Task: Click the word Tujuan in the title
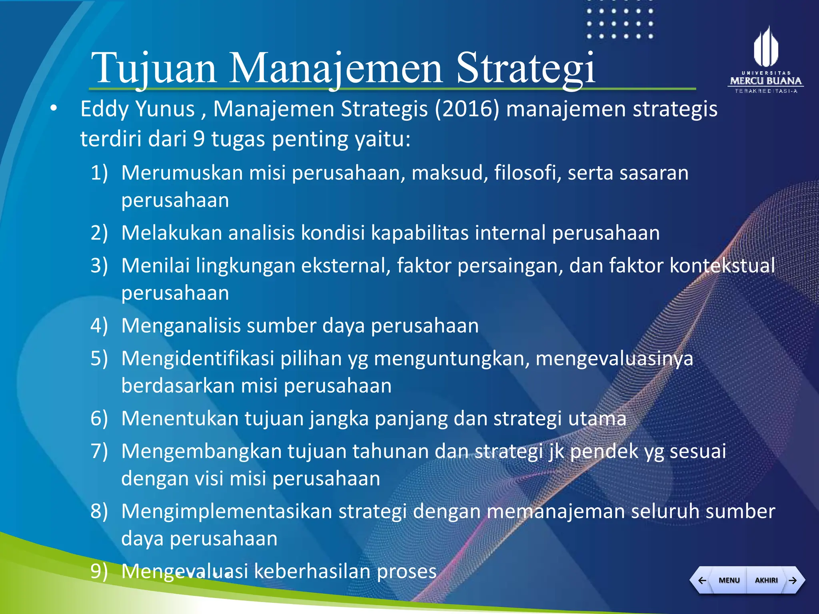click(x=154, y=68)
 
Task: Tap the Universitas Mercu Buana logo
click(x=765, y=60)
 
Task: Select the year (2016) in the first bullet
click(x=467, y=109)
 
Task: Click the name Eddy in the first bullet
click(x=104, y=109)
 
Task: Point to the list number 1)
click(x=99, y=173)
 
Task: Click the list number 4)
click(x=99, y=326)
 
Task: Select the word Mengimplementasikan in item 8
click(x=226, y=512)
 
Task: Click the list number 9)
click(x=99, y=572)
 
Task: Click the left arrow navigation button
click(x=702, y=580)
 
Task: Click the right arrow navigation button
click(x=793, y=580)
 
